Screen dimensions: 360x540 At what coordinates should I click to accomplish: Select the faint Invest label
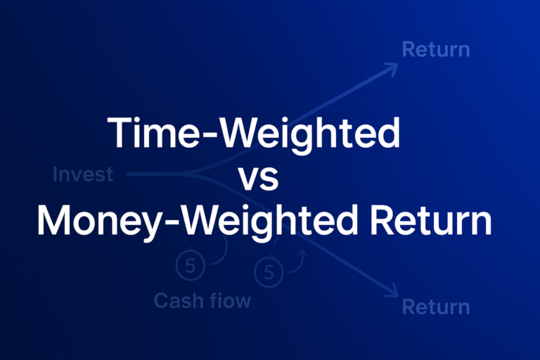pos(83,174)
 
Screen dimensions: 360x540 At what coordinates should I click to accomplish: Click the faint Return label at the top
pos(435,50)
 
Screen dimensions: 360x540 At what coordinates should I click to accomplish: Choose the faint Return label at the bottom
pos(435,307)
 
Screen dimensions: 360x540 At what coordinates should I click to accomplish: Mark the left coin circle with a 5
pos(191,265)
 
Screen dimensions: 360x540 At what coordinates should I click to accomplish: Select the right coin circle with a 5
pos(268,270)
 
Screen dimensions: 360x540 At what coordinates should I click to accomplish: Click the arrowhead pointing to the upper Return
pos(392,67)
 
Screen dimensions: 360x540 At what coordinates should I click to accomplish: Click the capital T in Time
pos(116,134)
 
